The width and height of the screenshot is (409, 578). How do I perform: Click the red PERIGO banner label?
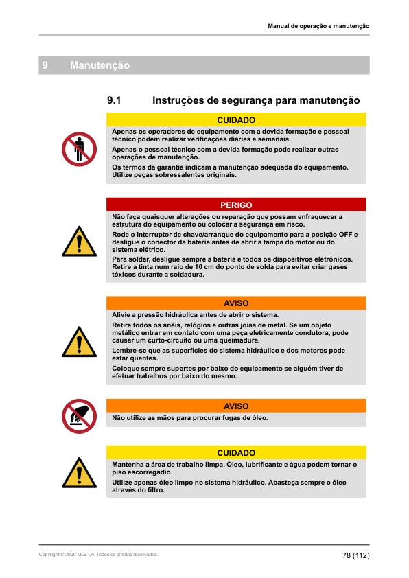[236, 205]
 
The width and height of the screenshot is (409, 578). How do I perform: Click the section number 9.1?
[115, 100]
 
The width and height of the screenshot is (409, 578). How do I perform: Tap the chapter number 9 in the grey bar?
[45, 65]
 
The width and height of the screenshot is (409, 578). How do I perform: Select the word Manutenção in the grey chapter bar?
[100, 65]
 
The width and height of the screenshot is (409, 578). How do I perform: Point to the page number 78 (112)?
[356, 555]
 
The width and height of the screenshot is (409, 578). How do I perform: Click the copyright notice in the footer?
[98, 554]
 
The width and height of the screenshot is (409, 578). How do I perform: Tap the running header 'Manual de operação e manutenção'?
[318, 26]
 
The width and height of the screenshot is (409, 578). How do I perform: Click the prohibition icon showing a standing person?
[79, 149]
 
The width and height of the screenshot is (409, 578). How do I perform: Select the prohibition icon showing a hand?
[79, 416]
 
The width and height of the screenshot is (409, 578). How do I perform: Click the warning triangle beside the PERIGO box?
[79, 241]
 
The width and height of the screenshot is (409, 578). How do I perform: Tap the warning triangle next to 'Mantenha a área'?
[79, 472]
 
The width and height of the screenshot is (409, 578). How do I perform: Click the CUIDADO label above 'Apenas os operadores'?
[236, 119]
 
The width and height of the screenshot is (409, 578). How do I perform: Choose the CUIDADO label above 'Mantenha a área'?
[236, 453]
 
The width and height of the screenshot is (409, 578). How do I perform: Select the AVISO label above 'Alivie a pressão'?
[236, 303]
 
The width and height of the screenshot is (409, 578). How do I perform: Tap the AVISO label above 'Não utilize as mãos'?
[236, 406]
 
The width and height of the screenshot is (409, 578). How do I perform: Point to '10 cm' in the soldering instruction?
[205, 266]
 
